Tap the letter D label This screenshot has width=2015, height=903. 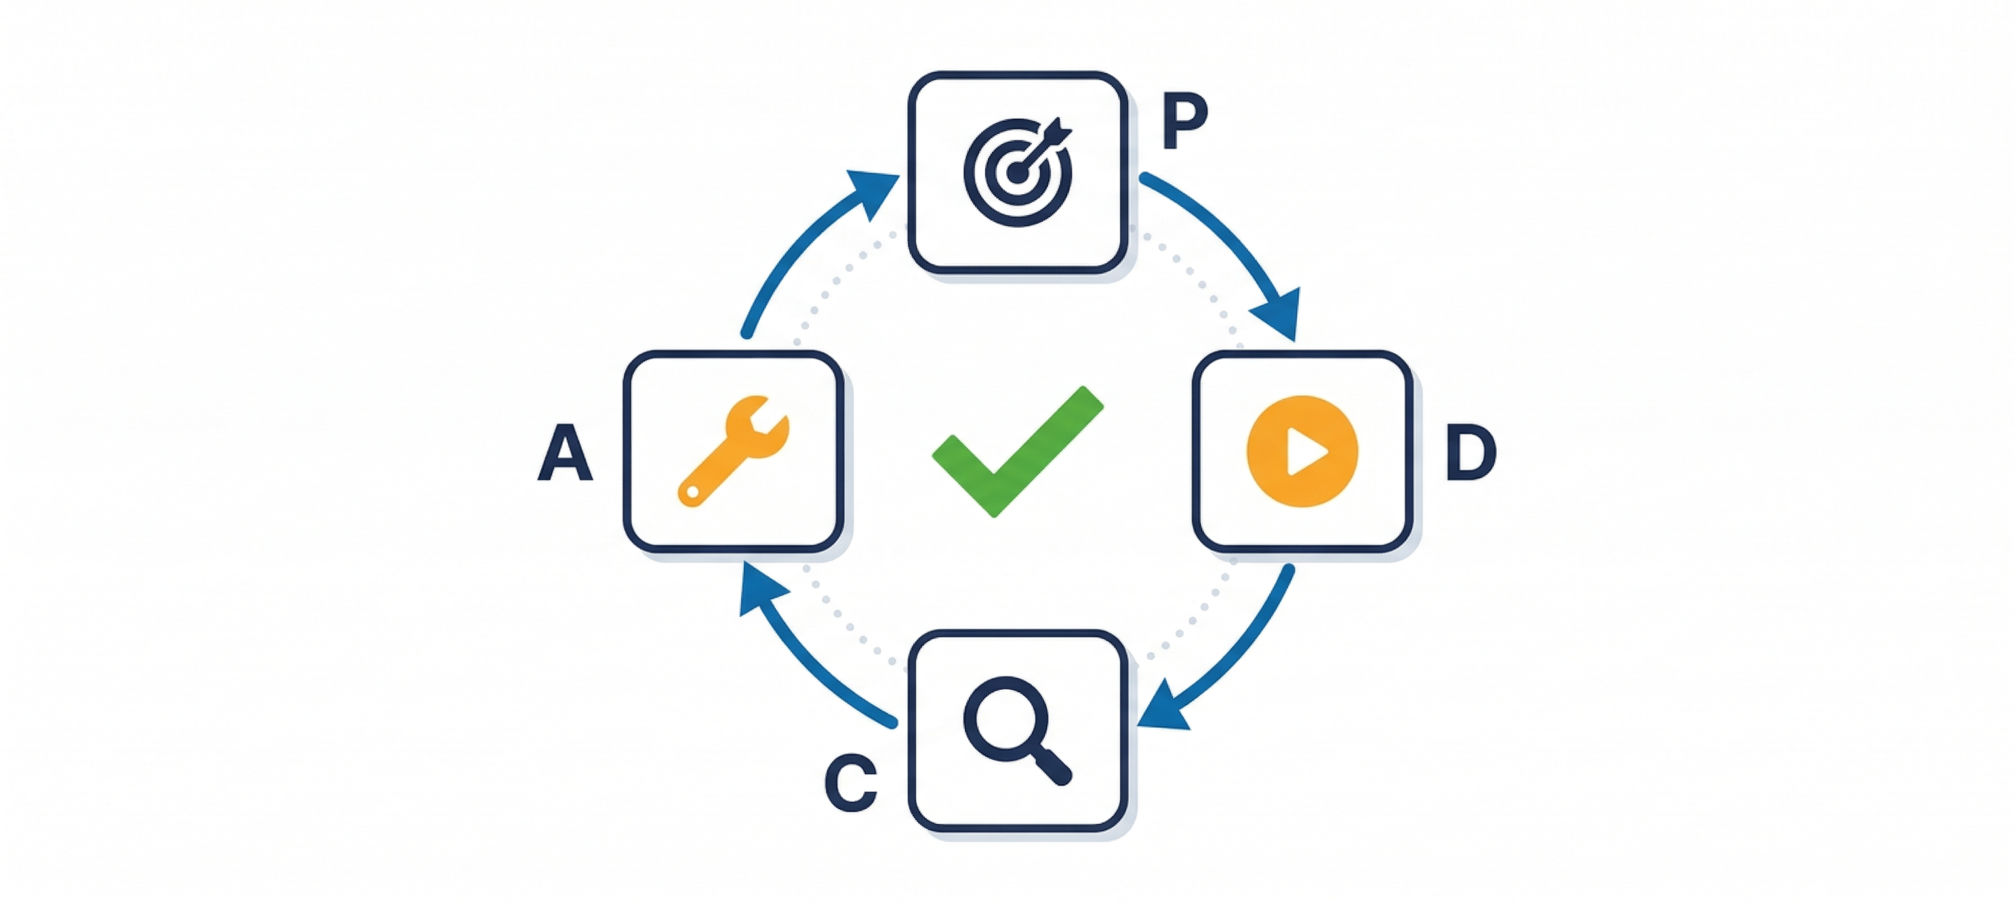pos(1470,452)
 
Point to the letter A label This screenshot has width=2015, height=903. pos(565,452)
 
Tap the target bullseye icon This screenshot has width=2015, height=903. pos(1017,172)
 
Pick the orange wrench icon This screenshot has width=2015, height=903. pos(732,451)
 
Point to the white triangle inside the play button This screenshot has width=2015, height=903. pos(1305,451)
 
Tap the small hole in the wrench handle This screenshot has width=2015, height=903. pos(691,492)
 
